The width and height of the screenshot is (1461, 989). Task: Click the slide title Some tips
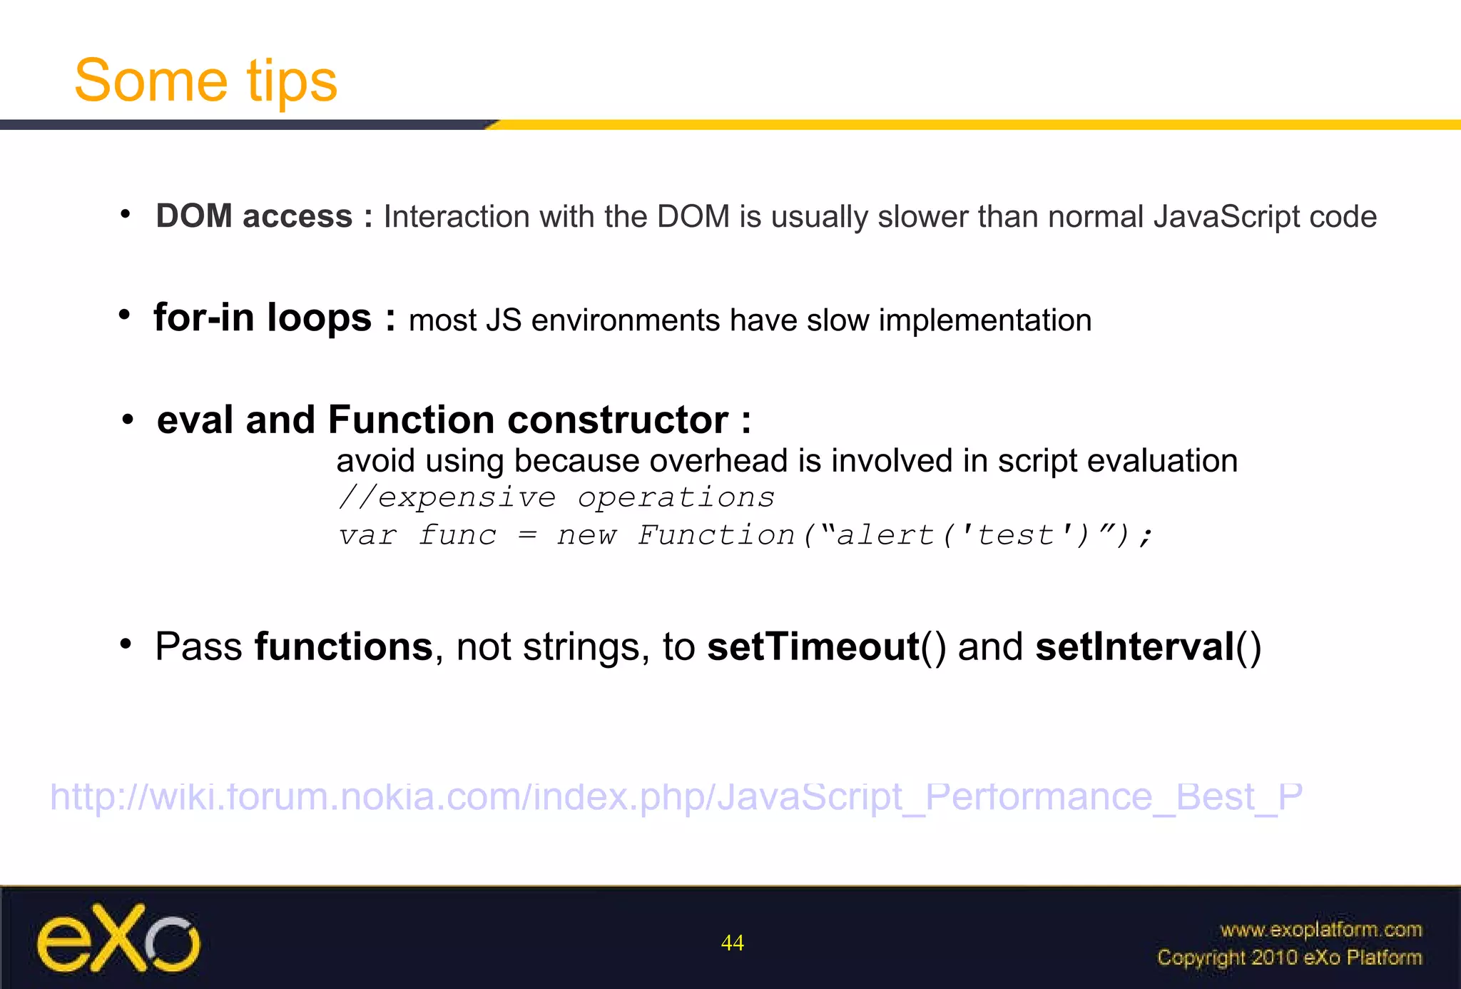(205, 81)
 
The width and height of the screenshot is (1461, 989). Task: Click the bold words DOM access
(254, 216)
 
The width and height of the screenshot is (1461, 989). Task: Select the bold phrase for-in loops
(263, 318)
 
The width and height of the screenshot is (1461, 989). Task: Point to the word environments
(625, 320)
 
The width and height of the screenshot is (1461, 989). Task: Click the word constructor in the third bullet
(618, 420)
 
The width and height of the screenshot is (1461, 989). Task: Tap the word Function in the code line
(716, 535)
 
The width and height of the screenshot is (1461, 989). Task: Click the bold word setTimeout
(813, 647)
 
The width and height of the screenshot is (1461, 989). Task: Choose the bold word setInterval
(1134, 647)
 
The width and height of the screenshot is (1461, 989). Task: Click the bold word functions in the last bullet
(343, 647)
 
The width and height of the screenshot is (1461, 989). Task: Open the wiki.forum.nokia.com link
(676, 796)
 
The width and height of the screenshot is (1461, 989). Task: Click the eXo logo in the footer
(118, 939)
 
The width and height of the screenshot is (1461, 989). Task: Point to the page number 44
(732, 943)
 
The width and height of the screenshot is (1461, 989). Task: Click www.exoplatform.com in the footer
(1320, 930)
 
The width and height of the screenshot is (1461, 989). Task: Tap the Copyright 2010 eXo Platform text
(1289, 957)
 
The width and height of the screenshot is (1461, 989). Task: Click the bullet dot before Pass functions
(126, 644)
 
